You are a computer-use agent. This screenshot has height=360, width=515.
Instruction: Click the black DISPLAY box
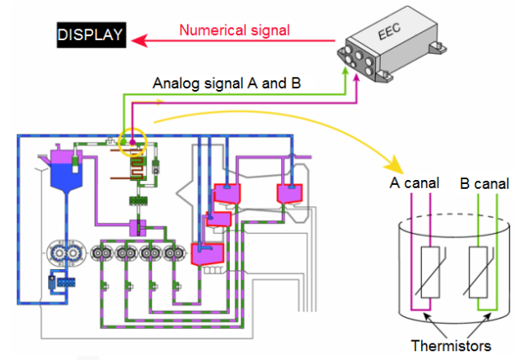click(x=91, y=35)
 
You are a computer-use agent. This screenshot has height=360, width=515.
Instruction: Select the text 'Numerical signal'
click(x=235, y=31)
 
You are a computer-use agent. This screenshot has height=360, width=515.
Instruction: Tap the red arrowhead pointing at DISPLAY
click(x=139, y=38)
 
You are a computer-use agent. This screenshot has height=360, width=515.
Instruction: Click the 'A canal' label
click(x=415, y=182)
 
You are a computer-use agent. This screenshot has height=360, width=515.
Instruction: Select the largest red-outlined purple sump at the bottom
click(x=208, y=254)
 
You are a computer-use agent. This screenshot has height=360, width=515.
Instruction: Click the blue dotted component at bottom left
click(x=60, y=281)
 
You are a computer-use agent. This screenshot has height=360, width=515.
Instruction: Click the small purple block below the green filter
click(x=137, y=226)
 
